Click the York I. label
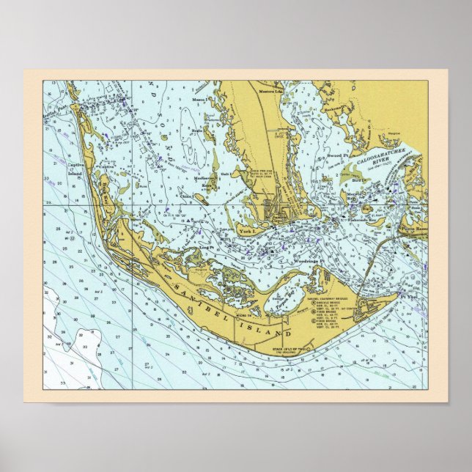point(246,231)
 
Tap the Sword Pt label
point(336,156)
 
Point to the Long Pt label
point(196,251)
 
